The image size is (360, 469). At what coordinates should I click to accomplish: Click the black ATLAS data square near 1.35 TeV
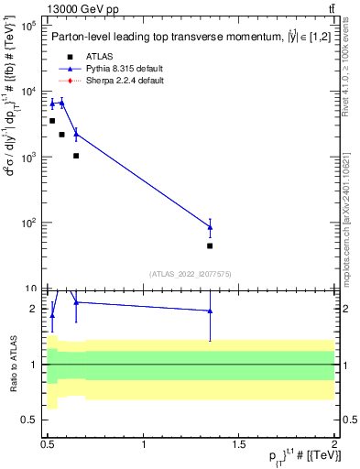coord(211,245)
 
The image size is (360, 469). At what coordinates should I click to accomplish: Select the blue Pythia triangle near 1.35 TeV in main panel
coord(211,227)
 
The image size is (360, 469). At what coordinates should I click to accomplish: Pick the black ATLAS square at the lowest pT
coord(52,121)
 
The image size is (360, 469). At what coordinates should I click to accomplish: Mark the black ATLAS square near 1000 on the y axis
coord(76,156)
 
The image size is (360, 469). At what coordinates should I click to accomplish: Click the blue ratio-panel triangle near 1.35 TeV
coord(211,311)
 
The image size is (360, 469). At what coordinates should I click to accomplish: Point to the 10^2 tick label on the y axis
coord(27,223)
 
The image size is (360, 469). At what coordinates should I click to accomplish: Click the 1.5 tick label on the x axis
coord(240,444)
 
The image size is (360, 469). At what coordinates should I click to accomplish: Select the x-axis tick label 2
coord(334,444)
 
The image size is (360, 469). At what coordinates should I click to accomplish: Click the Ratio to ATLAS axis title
coord(12,365)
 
